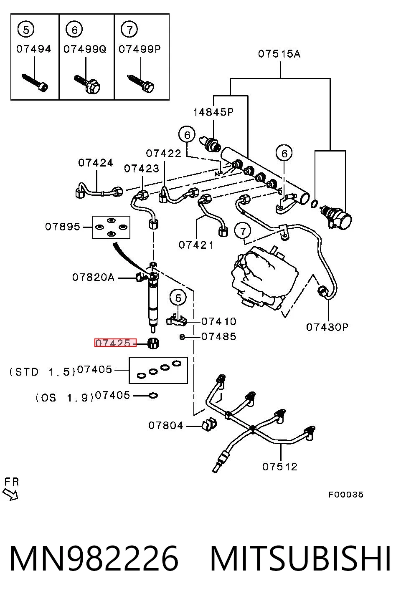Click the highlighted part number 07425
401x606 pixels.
tap(113, 343)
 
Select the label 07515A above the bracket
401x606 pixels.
tap(279, 54)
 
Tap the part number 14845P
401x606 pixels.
tap(213, 112)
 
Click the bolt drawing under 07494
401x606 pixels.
tap(35, 83)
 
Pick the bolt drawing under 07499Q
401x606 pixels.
tap(87, 84)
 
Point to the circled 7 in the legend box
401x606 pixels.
tap(129, 29)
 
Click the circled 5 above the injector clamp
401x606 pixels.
tap(178, 298)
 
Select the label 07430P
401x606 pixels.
tap(327, 327)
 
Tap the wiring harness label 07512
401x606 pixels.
tap(280, 467)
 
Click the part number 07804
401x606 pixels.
tap(166, 426)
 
